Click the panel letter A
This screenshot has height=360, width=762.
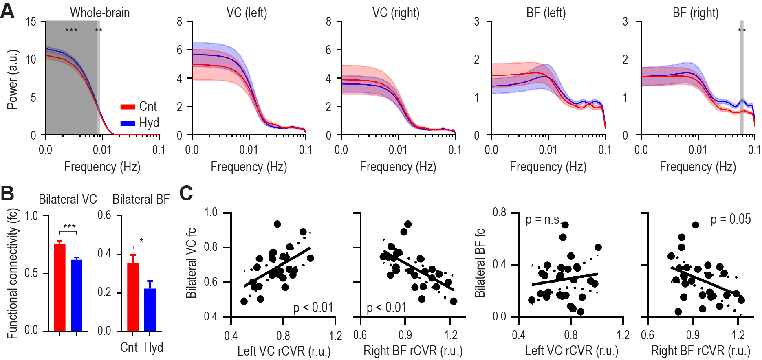[x=7, y=11]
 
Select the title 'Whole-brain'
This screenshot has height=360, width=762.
[x=100, y=13]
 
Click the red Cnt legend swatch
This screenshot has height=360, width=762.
[x=128, y=107]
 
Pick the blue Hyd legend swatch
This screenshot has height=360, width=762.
[x=128, y=123]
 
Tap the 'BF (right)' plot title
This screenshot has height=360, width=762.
[x=696, y=13]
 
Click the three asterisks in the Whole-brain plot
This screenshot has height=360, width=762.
[x=71, y=31]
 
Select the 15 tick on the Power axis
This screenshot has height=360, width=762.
[x=31, y=22]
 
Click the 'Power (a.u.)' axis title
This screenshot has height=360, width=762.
[x=12, y=79]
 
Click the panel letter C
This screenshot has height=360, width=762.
[x=186, y=193]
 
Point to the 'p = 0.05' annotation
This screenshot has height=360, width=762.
[x=731, y=220]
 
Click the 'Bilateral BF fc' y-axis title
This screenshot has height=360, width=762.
[x=480, y=263]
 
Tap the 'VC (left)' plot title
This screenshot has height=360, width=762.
[x=247, y=13]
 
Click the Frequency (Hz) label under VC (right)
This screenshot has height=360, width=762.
[x=398, y=167]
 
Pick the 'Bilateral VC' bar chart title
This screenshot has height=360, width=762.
[x=68, y=199]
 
